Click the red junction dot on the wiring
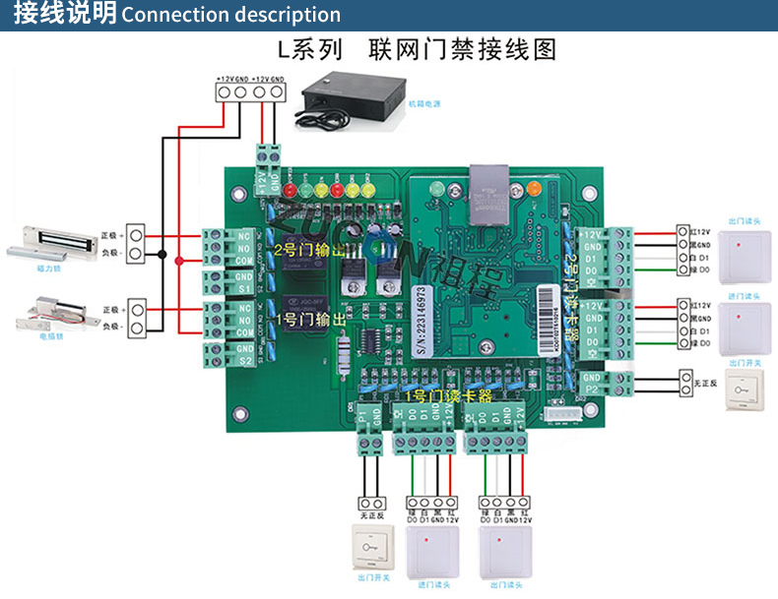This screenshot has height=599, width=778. tap(178, 261)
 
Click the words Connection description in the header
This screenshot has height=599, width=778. tap(231, 15)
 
